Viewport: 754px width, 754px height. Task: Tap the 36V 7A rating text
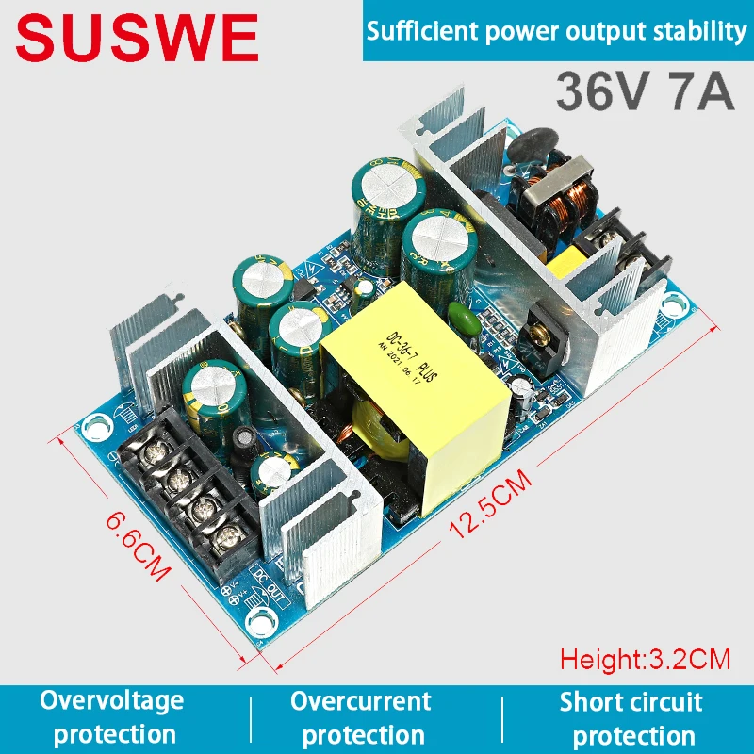pos(645,92)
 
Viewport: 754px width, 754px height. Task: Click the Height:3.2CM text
pos(646,657)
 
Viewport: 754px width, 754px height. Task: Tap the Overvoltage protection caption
pos(111,717)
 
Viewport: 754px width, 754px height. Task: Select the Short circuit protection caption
pos(631,717)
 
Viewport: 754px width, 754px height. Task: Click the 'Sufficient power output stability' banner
pos(556,31)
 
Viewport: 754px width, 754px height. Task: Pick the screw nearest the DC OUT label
pos(226,542)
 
